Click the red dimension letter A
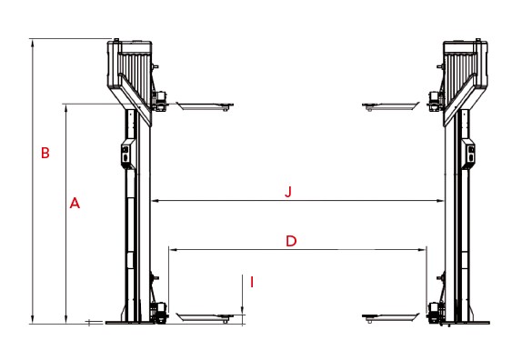click(x=75, y=205)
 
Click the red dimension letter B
click(x=45, y=153)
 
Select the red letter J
click(x=288, y=192)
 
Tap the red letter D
click(x=291, y=241)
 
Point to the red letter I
click(x=251, y=283)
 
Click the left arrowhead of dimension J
click(x=155, y=202)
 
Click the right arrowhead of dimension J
click(x=442, y=202)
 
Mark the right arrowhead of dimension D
click(x=423, y=247)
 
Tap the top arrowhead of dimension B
click(x=33, y=42)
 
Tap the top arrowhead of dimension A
click(x=65, y=106)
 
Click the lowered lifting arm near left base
click(x=205, y=317)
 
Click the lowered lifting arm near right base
click(x=391, y=317)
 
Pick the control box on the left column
click(x=126, y=155)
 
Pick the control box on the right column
click(x=469, y=155)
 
